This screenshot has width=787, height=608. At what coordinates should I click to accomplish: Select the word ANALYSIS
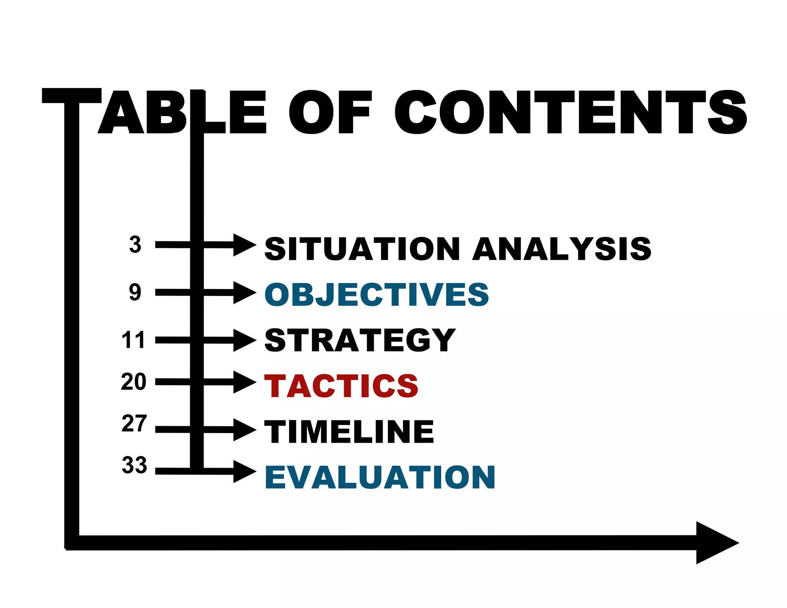(562, 249)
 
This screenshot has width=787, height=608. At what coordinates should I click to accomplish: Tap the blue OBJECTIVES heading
(377, 295)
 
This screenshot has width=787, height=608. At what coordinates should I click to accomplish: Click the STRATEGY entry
(360, 340)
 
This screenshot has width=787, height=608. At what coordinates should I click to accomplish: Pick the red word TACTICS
(341, 386)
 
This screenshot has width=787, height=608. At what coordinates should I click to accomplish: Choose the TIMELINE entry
(349, 432)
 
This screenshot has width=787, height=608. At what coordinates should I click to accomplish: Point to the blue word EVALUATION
(380, 477)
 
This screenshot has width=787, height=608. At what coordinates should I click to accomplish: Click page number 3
(135, 245)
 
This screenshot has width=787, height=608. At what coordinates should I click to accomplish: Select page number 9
(135, 292)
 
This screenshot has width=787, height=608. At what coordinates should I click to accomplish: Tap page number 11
(133, 340)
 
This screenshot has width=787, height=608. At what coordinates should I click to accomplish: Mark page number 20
(133, 382)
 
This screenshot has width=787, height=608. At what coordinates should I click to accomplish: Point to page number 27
(134, 424)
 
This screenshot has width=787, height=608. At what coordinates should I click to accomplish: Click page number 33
(134, 465)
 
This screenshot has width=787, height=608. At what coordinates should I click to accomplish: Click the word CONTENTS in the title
(570, 112)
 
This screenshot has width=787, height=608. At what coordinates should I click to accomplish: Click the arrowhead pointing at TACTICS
(244, 382)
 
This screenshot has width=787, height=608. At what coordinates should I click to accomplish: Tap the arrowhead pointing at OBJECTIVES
(244, 293)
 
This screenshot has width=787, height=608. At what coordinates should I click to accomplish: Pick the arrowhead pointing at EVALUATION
(244, 471)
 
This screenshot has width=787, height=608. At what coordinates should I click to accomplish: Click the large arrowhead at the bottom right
(715, 543)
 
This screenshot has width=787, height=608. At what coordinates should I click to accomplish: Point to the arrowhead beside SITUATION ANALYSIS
(244, 245)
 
